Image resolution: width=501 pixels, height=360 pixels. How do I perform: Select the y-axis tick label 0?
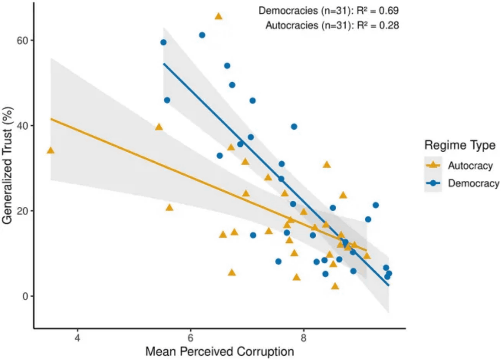[25, 296]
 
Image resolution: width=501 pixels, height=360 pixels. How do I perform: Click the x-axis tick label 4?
[78, 336]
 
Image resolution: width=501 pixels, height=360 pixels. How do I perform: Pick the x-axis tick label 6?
[191, 336]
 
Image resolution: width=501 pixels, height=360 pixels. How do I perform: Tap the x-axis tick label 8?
[304, 336]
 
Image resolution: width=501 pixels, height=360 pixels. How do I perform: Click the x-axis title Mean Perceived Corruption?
[219, 351]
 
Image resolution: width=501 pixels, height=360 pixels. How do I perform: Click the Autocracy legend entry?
[470, 165]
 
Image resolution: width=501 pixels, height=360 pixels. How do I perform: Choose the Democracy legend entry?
[473, 183]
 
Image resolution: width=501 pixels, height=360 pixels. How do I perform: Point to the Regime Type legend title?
[460, 146]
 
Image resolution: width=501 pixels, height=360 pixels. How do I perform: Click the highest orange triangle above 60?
[218, 16]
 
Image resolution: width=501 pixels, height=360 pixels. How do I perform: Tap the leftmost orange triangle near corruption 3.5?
[51, 150]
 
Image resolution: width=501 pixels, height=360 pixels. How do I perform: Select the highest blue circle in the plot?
[202, 35]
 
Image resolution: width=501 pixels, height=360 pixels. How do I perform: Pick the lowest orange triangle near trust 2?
[335, 286]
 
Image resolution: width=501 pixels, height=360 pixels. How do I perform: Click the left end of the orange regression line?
[51, 119]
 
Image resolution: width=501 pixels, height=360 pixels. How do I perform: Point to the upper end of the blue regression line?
[164, 64]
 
